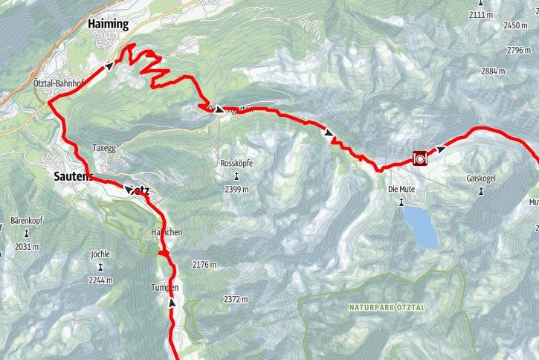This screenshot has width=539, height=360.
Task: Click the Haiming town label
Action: [x=109, y=24]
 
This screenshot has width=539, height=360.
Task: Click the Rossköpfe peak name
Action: [x=236, y=162]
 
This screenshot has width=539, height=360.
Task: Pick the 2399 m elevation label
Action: [x=236, y=189]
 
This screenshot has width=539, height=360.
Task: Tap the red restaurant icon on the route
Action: [x=419, y=157]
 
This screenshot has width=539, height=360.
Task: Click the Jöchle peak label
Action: [x=100, y=254]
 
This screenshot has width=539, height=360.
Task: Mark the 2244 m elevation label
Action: [x=100, y=280]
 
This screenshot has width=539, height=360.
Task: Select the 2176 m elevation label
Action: [x=204, y=265]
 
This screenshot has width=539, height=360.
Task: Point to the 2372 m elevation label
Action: [x=235, y=299]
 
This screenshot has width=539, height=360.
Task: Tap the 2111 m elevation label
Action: [x=481, y=15]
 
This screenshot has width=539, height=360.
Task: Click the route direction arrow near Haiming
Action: [x=110, y=65]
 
